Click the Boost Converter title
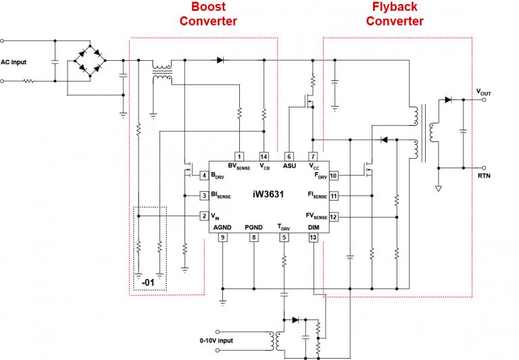pyautogui.click(x=208, y=14)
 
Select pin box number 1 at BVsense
pyautogui.click(x=239, y=156)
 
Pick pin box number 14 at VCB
pyautogui.click(x=264, y=156)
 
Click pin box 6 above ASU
pyautogui.click(x=289, y=156)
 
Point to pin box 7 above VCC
pyautogui.click(x=313, y=156)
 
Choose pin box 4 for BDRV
pyautogui.click(x=203, y=176)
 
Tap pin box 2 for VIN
pyautogui.click(x=203, y=216)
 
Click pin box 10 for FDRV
pyautogui.click(x=334, y=176)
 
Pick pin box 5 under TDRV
pyautogui.click(x=284, y=237)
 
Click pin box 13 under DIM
pyautogui.click(x=313, y=237)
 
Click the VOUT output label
pyautogui.click(x=484, y=91)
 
